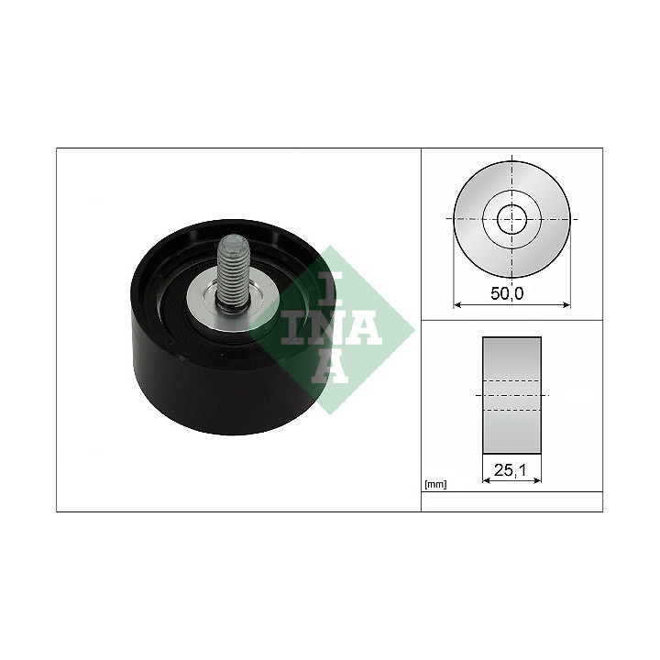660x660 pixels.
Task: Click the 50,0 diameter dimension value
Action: click(x=507, y=293)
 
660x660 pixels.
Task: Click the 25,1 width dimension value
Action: click(x=510, y=469)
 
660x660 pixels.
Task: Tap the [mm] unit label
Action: click(x=435, y=485)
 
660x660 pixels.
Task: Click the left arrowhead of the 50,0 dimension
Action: click(x=458, y=304)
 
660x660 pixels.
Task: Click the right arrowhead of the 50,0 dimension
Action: click(x=566, y=304)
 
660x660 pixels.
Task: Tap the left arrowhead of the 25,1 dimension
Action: click(x=487, y=479)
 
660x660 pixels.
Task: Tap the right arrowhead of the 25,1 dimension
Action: click(x=536, y=479)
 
